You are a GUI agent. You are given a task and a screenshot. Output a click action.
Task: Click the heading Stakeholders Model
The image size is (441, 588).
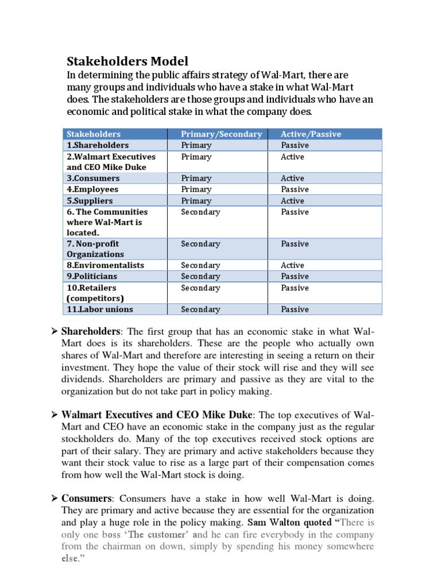pyautogui.click(x=127, y=61)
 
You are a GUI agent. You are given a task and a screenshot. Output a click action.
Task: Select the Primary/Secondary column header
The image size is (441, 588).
pyautogui.click(x=221, y=134)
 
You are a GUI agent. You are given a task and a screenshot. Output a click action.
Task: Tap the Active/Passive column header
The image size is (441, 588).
pyautogui.click(x=311, y=134)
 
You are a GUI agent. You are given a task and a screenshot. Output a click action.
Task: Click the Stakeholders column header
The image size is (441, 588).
pyautogui.click(x=94, y=134)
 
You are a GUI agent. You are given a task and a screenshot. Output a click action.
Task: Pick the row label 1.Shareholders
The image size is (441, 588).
pyautogui.click(x=98, y=145)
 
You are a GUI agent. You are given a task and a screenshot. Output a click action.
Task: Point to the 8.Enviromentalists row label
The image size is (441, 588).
pyautogui.click(x=105, y=265)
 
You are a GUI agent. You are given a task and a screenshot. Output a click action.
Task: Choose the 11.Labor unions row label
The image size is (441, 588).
pyautogui.click(x=100, y=309)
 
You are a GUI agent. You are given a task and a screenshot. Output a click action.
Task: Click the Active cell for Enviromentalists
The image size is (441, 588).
pyautogui.click(x=292, y=265)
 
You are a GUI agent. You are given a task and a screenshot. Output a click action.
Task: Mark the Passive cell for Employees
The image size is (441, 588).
pyautogui.click(x=295, y=189)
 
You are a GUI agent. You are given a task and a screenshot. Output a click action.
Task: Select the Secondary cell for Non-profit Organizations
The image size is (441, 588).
pyautogui.click(x=200, y=244)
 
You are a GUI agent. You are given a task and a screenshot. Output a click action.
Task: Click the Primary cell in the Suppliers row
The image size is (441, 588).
pyautogui.click(x=196, y=200)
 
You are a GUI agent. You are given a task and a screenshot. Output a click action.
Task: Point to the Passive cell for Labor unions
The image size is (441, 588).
pyautogui.click(x=295, y=309)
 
